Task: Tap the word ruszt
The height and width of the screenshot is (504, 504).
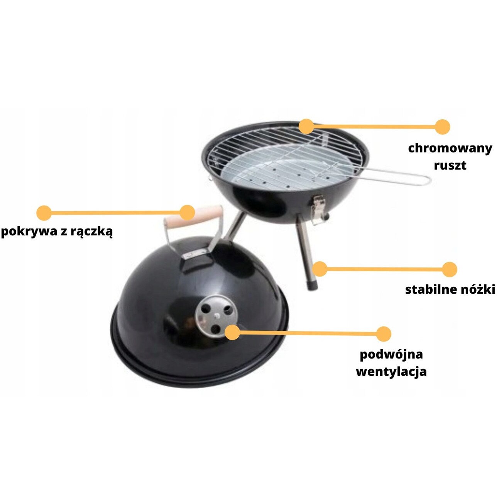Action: point(450,166)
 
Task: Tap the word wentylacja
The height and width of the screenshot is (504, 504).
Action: point(392,371)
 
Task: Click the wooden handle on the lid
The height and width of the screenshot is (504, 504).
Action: point(194,216)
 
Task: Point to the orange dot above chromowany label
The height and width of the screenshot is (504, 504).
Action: point(443,127)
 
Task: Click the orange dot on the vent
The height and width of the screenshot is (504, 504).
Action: point(232,332)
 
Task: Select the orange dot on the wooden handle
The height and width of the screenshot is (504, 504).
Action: point(188,212)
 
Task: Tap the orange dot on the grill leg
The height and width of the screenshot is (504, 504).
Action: point(320,269)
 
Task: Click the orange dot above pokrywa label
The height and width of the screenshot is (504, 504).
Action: point(44,212)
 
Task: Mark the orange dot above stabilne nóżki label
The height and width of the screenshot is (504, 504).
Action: point(450,269)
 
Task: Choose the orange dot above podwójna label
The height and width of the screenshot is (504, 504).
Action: point(384,333)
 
